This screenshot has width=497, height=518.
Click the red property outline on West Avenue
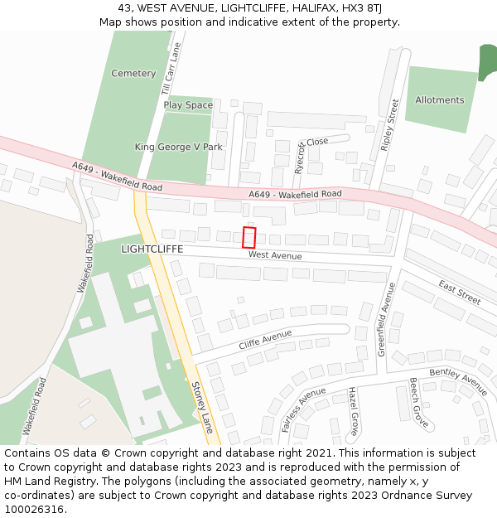[248, 237]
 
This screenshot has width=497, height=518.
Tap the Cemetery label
[133, 74]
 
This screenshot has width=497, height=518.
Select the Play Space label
[188, 105]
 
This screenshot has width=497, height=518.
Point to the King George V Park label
[179, 147]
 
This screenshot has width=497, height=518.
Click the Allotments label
[440, 100]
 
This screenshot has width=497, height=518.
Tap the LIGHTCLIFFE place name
[152, 249]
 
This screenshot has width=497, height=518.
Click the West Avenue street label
[275, 256]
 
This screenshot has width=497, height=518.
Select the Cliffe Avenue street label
[266, 340]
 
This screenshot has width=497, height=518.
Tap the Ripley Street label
[389, 125]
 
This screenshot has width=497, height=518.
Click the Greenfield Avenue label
[386, 319]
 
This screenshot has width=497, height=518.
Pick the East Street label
[460, 292]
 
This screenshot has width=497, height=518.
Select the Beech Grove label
[419, 404]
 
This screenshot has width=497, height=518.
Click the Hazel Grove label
[352, 411]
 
